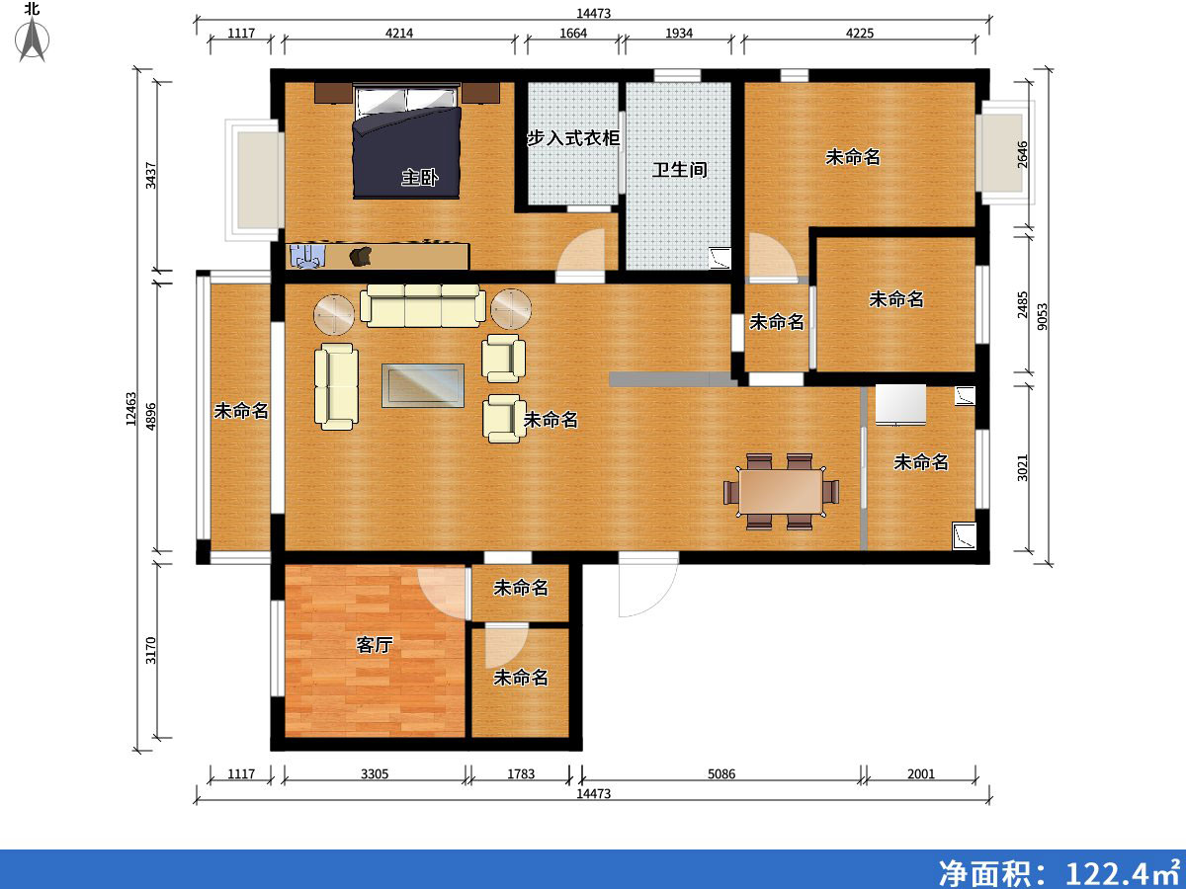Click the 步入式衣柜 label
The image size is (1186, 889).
[572, 138]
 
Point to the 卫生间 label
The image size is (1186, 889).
[679, 170]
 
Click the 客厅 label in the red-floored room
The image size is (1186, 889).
[375, 645]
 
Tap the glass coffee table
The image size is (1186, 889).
[423, 385]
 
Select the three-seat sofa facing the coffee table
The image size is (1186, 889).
[423, 305]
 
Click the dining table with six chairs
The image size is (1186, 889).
[781, 491]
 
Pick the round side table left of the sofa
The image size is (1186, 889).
[334, 313]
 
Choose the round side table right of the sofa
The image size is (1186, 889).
[511, 309]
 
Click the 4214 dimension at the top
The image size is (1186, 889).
[398, 34]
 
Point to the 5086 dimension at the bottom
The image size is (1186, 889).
[721, 773]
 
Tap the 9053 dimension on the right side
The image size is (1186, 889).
[1043, 318]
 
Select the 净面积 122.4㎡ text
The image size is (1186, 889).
[1059, 871]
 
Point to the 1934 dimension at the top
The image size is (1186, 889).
[678, 34]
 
